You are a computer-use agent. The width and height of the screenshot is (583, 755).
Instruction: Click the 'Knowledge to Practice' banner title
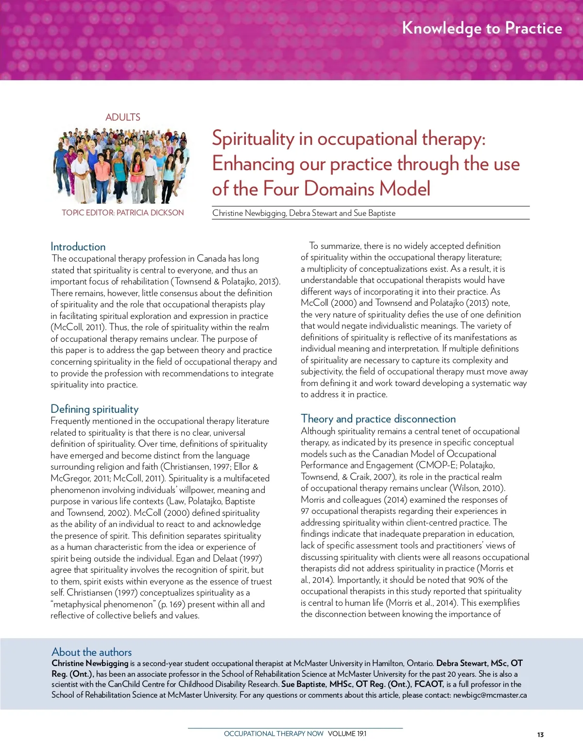click(482, 28)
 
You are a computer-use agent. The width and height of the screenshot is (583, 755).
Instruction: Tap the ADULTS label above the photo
click(123, 117)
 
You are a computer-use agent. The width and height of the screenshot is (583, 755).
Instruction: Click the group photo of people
click(121, 165)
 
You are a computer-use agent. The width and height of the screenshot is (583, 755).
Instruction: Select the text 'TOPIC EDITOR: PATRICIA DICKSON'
click(123, 212)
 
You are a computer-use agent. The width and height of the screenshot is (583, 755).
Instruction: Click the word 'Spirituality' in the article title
click(253, 139)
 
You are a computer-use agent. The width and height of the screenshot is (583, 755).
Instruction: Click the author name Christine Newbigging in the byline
click(249, 213)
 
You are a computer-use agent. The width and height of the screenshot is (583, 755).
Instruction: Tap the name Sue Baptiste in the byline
click(375, 213)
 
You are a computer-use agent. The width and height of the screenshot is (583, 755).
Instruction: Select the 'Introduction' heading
click(78, 246)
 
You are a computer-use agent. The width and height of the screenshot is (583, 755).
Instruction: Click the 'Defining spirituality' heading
click(94, 409)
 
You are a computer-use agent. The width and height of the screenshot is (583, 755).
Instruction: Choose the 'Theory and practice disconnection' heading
click(378, 419)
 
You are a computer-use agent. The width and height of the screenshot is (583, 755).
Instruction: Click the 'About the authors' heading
click(91, 652)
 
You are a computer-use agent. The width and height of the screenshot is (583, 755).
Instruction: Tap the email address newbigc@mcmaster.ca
click(490, 695)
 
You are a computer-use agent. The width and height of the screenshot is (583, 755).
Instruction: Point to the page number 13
click(540, 735)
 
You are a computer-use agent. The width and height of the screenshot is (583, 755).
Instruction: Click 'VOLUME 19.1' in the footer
click(347, 734)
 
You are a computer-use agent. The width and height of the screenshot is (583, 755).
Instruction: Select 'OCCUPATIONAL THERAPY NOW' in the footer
click(274, 734)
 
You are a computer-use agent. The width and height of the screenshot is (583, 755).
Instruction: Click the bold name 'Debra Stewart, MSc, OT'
click(479, 663)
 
